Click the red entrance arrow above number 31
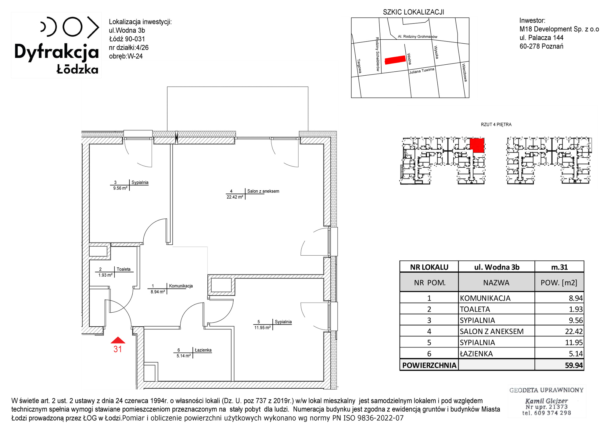[x=118, y=340]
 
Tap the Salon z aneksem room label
[x=263, y=191]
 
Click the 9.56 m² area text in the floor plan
[x=120, y=188]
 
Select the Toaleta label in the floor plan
[x=124, y=269]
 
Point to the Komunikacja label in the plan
[x=181, y=286]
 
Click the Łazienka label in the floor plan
[x=203, y=350]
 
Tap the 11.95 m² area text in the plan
[x=263, y=328]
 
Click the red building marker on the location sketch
[x=395, y=60]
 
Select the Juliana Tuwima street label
[x=422, y=71]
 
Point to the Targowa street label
[x=359, y=66]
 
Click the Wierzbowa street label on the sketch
[x=464, y=73]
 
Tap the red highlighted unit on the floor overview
[x=477, y=145]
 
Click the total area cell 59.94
[x=574, y=365]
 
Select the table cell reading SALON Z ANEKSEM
[x=492, y=331]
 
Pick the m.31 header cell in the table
[x=559, y=267]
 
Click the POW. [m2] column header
[x=559, y=283]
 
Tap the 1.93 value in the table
[x=576, y=309]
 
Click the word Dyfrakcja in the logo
[x=57, y=52]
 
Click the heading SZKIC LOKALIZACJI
[x=414, y=12]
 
